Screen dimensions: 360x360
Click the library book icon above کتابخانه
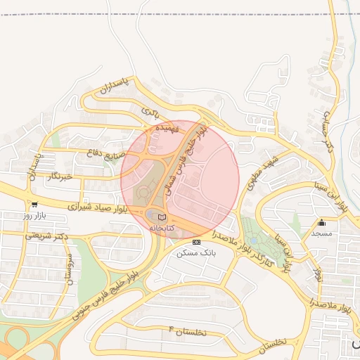click(162, 217)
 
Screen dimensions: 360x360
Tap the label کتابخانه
click(162, 229)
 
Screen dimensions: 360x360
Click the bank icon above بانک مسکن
click(195, 241)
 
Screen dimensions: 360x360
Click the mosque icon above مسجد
click(322, 222)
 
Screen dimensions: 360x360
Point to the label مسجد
click(321, 233)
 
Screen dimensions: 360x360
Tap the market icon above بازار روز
click(34, 204)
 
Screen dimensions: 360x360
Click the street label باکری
click(151, 111)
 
